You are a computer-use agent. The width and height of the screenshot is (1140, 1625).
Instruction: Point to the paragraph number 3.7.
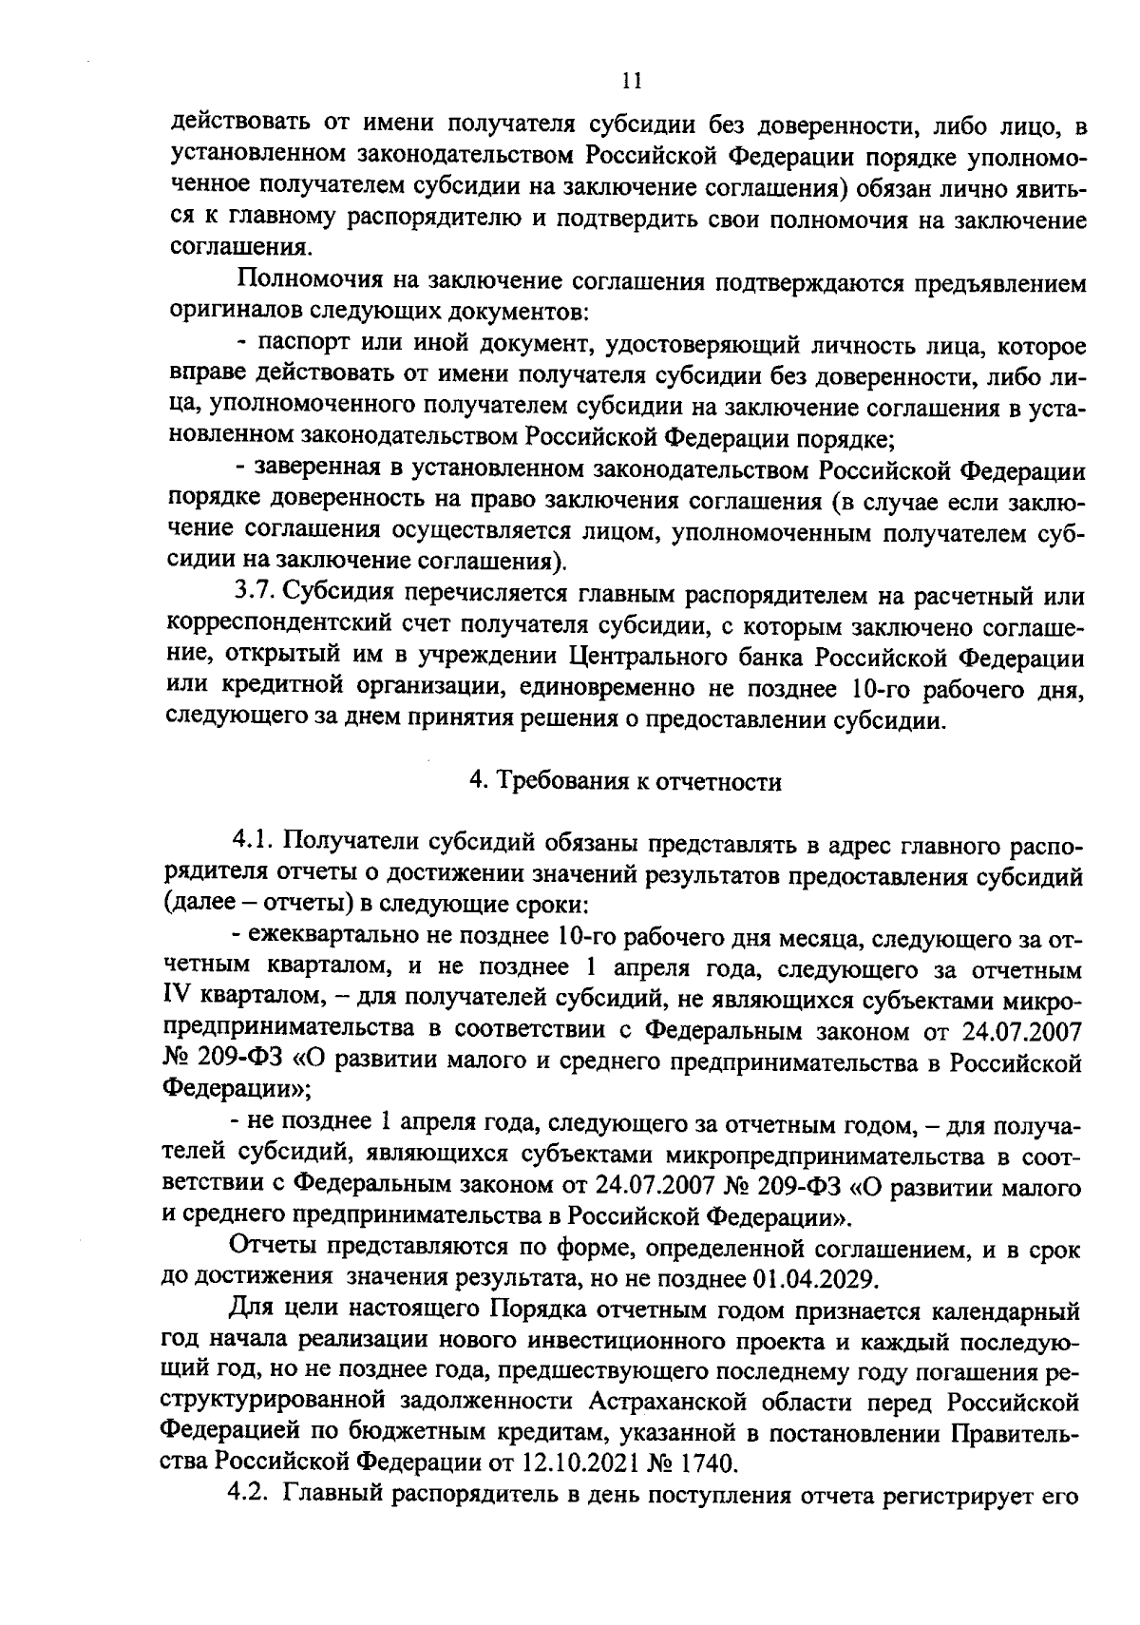pos(254,594)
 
